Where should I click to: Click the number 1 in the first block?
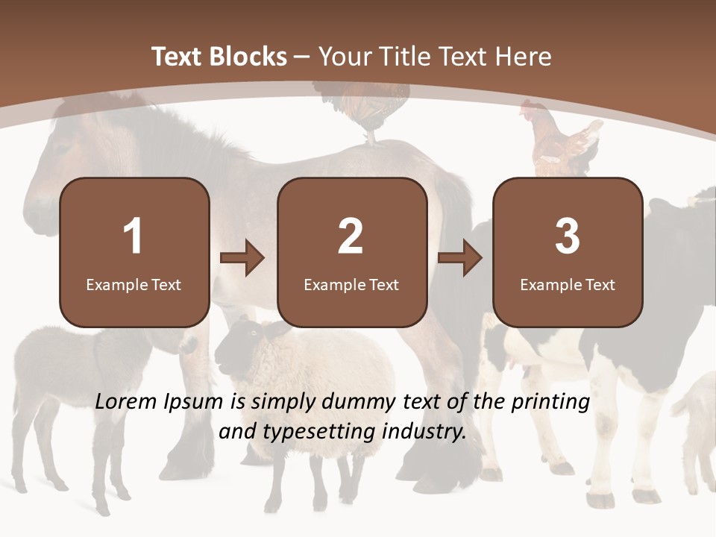pos(133,236)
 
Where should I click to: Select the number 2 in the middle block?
pos(351,236)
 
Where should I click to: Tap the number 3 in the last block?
pos(568,236)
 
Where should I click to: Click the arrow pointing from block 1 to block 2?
pos(242,258)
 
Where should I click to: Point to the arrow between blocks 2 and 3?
pos(460,258)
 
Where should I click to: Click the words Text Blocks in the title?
pos(219,57)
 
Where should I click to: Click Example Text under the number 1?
pos(134,284)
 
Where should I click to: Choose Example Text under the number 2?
pos(351,284)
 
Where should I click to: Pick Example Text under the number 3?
pos(568,284)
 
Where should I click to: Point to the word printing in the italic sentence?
pos(550,402)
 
